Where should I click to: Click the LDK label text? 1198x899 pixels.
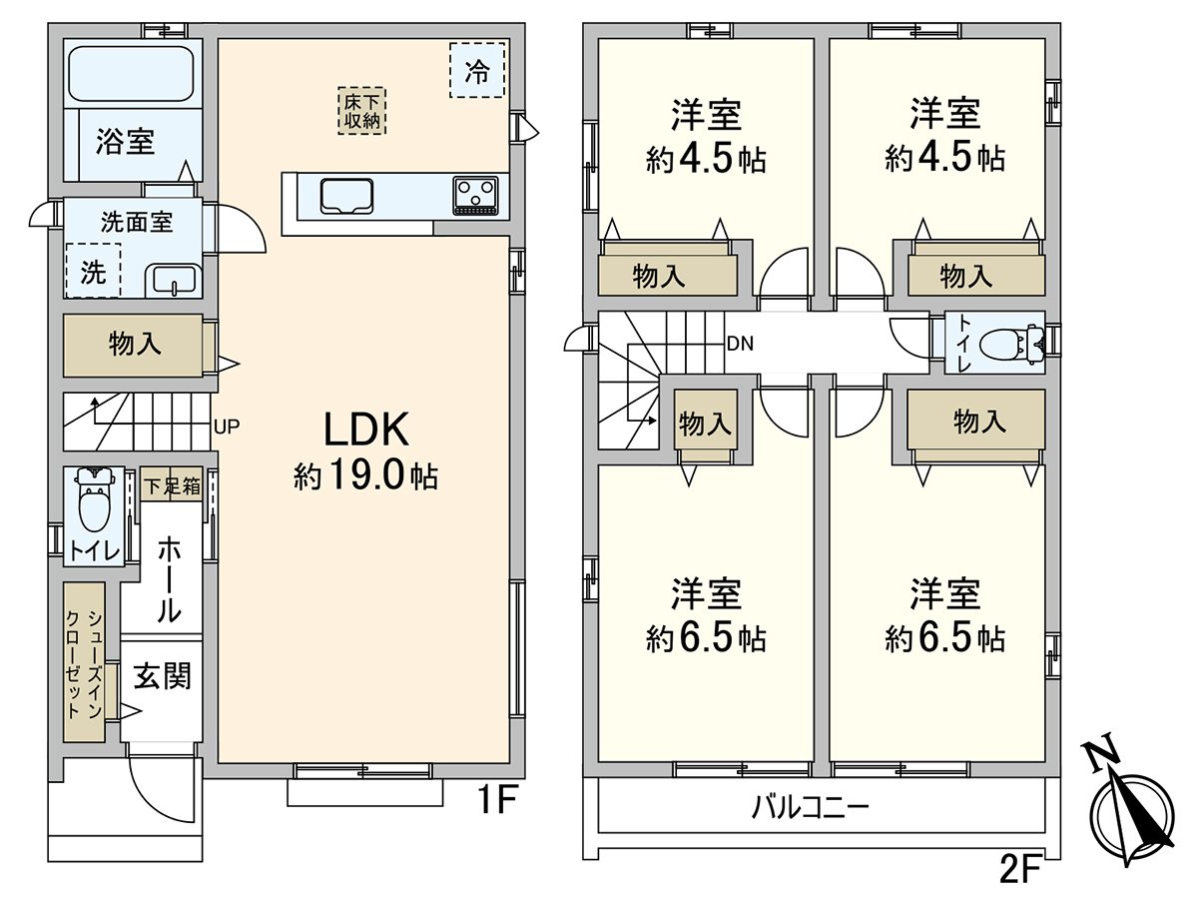[x=366, y=431]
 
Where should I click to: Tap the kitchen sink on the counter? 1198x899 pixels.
[x=346, y=196]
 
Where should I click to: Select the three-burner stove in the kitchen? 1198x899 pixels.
[x=475, y=195]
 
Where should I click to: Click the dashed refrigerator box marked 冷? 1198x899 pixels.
[x=477, y=70]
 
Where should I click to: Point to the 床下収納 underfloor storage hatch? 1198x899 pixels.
[x=361, y=111]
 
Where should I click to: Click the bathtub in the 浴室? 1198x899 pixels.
[x=132, y=74]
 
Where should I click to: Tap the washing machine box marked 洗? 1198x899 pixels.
[x=93, y=270]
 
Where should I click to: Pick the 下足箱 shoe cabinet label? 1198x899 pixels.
[x=172, y=485]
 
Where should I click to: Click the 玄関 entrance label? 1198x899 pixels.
[x=162, y=676]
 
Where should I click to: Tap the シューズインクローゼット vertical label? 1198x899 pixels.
[x=84, y=663]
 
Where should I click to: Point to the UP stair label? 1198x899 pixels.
[x=227, y=427]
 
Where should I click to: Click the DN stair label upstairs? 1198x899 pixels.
[x=740, y=344]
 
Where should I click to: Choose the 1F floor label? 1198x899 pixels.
[x=496, y=800]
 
